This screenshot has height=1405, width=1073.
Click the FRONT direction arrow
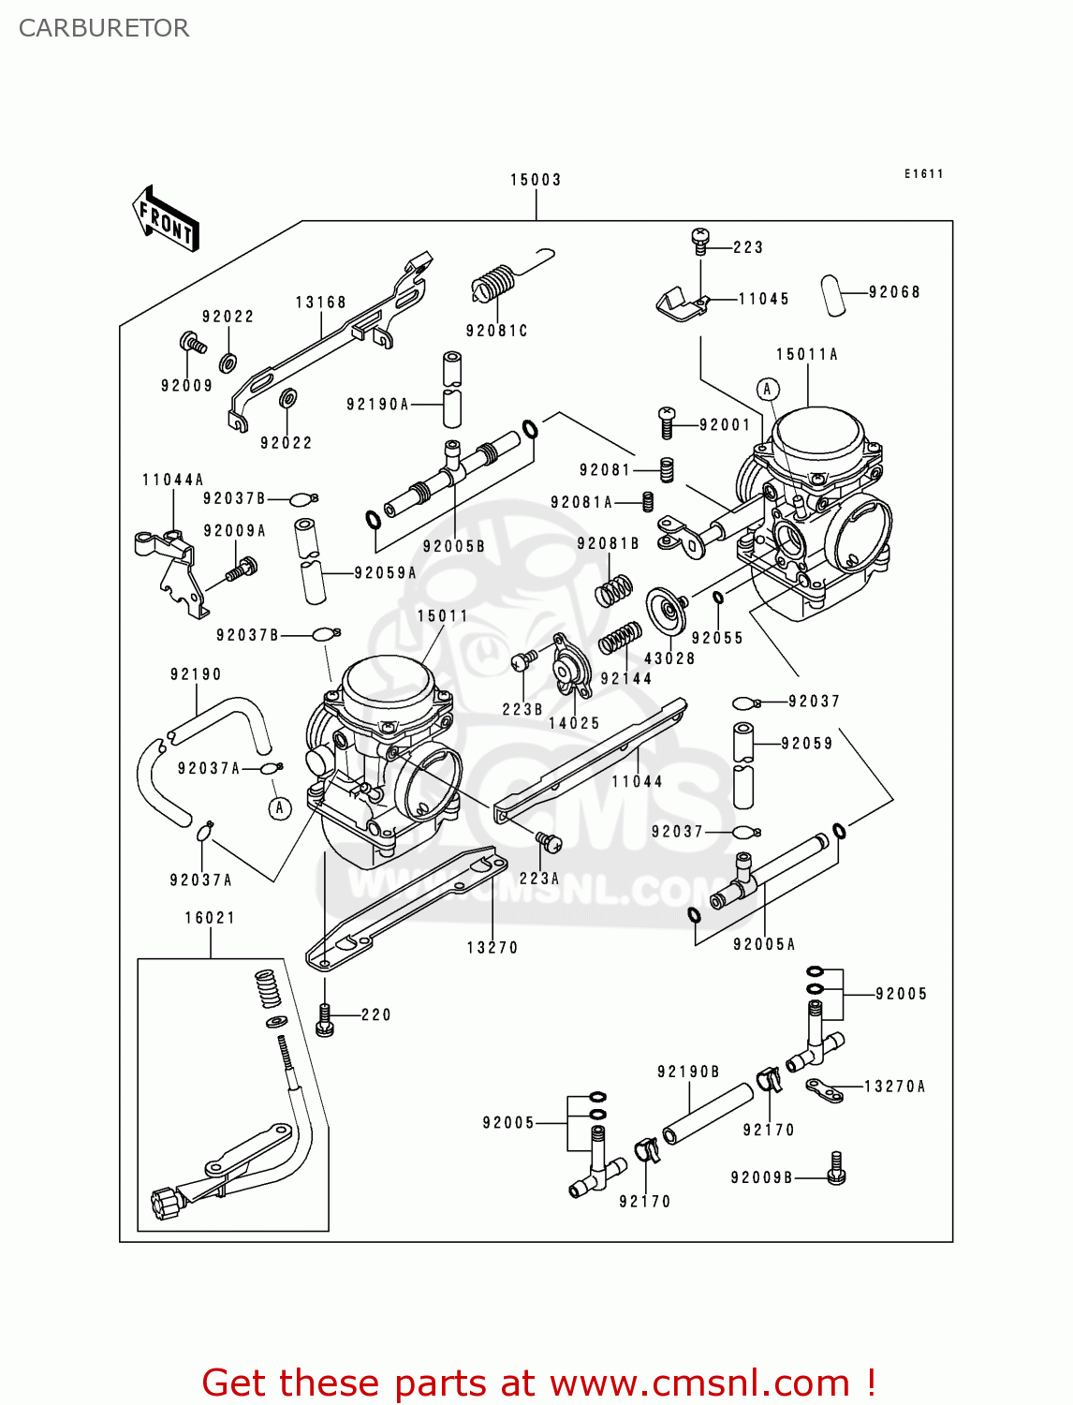(x=166, y=219)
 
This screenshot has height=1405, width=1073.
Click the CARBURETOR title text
(x=104, y=28)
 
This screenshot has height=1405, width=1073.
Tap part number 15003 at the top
(x=536, y=180)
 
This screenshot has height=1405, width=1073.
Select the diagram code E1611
(x=923, y=174)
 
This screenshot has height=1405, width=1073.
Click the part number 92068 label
(x=894, y=292)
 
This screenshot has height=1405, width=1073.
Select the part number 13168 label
(x=321, y=303)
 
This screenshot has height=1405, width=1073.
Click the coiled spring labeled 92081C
(x=494, y=282)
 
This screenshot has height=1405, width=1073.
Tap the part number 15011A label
(x=807, y=354)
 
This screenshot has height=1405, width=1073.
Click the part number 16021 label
(x=210, y=918)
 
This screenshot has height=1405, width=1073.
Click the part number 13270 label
(x=492, y=948)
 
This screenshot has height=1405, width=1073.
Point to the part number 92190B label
(x=688, y=1072)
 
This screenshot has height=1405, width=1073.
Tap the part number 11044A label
(x=173, y=480)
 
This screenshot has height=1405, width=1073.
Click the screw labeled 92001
(x=667, y=422)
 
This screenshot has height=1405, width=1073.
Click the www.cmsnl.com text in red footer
(x=698, y=1383)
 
